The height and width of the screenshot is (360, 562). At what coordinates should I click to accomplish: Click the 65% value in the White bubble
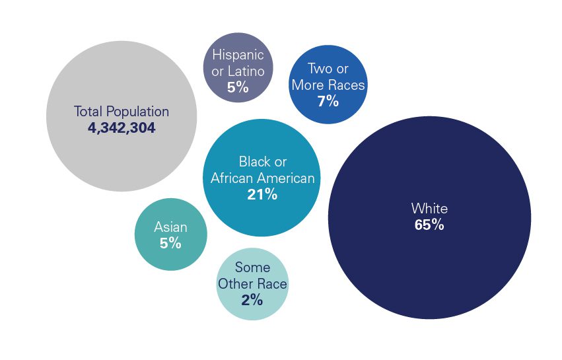[429, 225]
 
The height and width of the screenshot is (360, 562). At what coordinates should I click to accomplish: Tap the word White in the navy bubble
[429, 209]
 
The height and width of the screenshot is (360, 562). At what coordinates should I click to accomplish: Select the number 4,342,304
[122, 128]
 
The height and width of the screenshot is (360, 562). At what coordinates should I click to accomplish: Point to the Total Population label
[122, 112]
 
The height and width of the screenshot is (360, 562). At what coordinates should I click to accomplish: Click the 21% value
[262, 194]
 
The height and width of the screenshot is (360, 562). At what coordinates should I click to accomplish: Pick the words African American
[263, 178]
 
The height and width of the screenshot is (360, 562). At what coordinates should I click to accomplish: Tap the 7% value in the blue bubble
[328, 101]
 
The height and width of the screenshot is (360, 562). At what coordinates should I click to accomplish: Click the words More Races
[328, 85]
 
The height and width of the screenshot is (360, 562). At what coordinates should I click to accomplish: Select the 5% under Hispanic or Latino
[238, 87]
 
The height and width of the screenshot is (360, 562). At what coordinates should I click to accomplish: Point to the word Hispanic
[238, 55]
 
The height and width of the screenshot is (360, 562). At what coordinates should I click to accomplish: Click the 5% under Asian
[170, 243]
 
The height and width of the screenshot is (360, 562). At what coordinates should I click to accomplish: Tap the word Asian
[170, 227]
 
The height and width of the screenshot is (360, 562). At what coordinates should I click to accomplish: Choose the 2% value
[252, 301]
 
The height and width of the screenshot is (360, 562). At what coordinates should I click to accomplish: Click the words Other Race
[252, 285]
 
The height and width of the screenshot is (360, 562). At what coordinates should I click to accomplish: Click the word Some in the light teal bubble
[252, 268]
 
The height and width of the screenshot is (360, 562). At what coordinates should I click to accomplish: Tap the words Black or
[263, 162]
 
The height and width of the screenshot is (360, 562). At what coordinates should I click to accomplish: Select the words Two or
[328, 69]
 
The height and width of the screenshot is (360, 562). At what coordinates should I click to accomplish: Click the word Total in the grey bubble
[88, 112]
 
